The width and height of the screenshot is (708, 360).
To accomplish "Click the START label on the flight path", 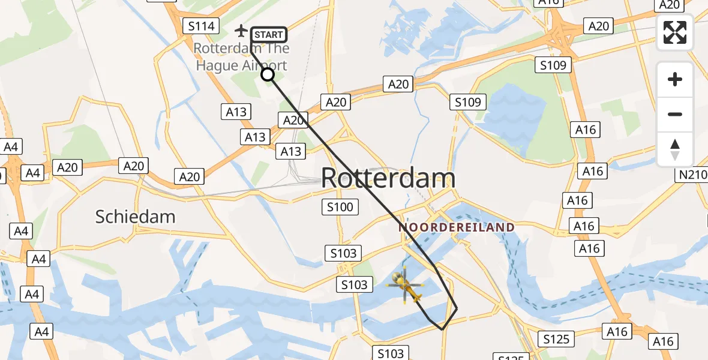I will point(268,35).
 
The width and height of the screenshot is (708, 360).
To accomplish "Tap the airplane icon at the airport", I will point(241,29).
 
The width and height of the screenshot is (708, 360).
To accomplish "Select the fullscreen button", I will point(675,32).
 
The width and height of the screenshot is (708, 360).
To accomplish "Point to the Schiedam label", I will point(135,217).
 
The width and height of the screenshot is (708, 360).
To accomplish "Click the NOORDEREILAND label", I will point(457,227).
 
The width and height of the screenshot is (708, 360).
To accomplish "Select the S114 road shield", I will point(201,26).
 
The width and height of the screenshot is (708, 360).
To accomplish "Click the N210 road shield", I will point(692,175).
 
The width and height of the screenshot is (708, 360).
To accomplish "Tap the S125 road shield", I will point(556,339).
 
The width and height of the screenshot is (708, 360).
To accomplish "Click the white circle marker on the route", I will point(268,74).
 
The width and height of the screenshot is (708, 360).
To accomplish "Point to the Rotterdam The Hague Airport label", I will point(241,57).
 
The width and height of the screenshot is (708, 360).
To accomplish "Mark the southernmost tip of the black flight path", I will point(443,329).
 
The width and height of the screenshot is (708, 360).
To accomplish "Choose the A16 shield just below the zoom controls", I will point(585,130).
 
